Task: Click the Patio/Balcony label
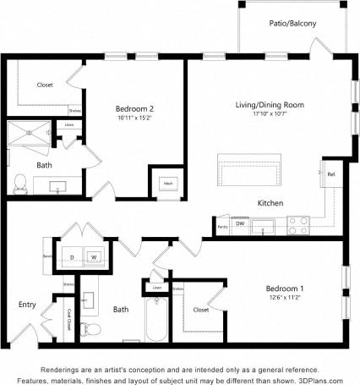click(x=292, y=24)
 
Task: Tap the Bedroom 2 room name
click(x=134, y=108)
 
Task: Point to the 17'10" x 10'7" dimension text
click(x=270, y=115)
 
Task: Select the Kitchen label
click(x=270, y=203)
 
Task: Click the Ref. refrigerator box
click(x=331, y=175)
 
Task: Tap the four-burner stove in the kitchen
click(x=298, y=225)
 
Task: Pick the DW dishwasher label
click(x=241, y=223)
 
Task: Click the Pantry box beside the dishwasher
click(x=222, y=227)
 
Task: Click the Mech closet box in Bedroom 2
click(x=167, y=182)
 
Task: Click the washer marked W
click(x=95, y=256)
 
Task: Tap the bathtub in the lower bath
click(x=157, y=317)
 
